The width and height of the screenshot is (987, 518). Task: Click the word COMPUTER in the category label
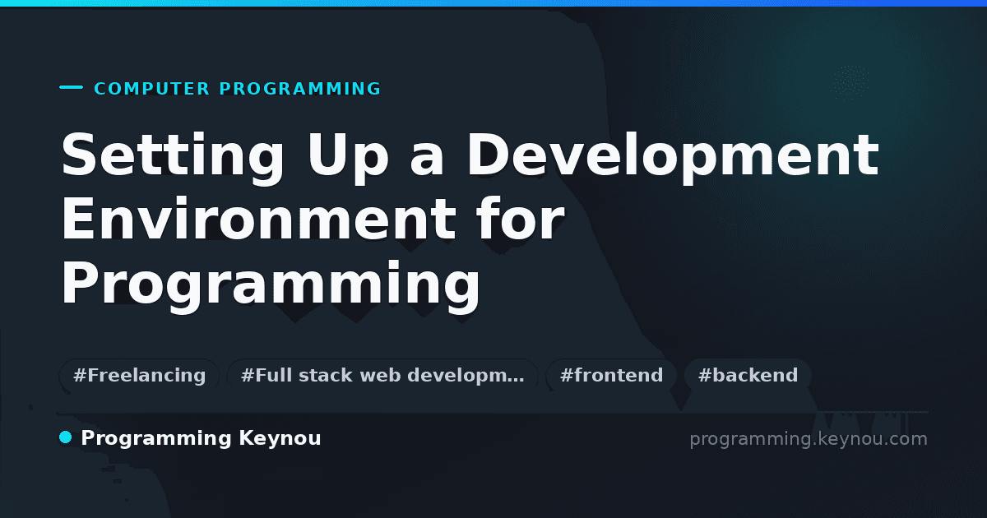[x=152, y=89]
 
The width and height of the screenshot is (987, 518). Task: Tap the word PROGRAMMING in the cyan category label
[x=299, y=89]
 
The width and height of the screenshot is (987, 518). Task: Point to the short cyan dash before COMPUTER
[x=71, y=87]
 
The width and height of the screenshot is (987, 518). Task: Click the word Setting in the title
[x=173, y=158]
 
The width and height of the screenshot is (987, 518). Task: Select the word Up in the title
[x=349, y=158]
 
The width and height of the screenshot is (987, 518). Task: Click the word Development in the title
[x=673, y=157]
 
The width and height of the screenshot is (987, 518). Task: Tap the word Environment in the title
[x=258, y=219]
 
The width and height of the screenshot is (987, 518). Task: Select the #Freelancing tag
[x=139, y=375]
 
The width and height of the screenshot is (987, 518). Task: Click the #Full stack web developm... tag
[x=382, y=375]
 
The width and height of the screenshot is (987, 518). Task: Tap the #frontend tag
[x=611, y=375]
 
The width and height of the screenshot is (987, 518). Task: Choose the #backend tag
[x=748, y=375]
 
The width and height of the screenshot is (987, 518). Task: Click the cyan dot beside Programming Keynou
[x=66, y=437]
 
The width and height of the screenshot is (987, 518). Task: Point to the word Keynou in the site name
[x=280, y=438]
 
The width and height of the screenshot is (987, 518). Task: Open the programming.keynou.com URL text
[x=809, y=439]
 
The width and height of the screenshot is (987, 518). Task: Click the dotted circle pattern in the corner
[x=851, y=82]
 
